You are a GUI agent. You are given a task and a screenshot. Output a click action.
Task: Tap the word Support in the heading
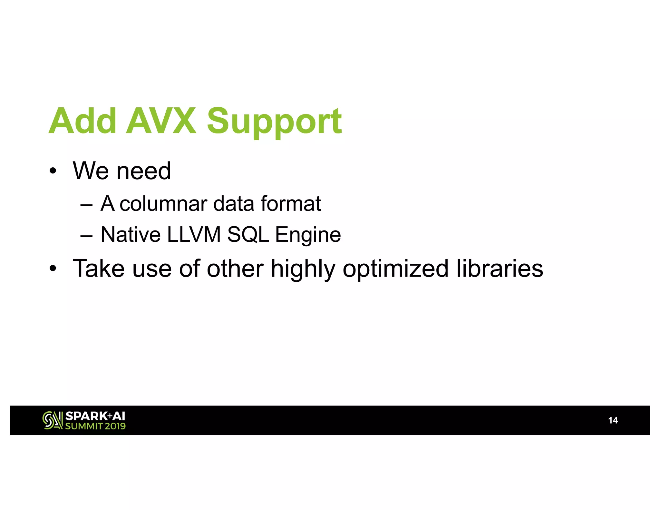pos(274,122)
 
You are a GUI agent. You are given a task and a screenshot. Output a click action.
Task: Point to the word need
pos(144,171)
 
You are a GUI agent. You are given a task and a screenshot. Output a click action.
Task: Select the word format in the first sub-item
pos(291,204)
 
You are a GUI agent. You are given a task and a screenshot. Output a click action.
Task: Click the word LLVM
pos(194,234)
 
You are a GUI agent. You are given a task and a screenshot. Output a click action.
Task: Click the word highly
pos(303,270)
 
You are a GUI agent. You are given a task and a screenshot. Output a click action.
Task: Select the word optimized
pos(395,270)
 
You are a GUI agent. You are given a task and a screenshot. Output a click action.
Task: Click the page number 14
pos(613,420)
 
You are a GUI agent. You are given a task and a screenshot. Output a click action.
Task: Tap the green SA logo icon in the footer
pos(53,420)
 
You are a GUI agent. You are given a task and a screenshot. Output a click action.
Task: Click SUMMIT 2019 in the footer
pos(95,426)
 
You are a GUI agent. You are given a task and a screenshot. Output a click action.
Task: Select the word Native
pos(131,234)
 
